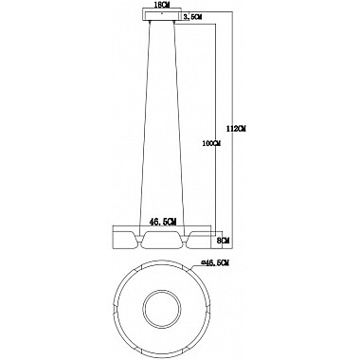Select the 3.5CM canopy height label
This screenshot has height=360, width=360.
point(192,17)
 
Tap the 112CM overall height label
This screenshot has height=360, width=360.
point(237,129)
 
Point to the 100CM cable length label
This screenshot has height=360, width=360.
point(211,143)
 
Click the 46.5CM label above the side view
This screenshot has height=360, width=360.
point(163,223)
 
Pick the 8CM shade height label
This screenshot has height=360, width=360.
point(224,241)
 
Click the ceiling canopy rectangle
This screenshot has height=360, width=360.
point(162,15)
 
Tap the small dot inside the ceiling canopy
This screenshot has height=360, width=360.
point(162,13)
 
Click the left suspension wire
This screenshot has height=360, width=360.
point(145,123)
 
